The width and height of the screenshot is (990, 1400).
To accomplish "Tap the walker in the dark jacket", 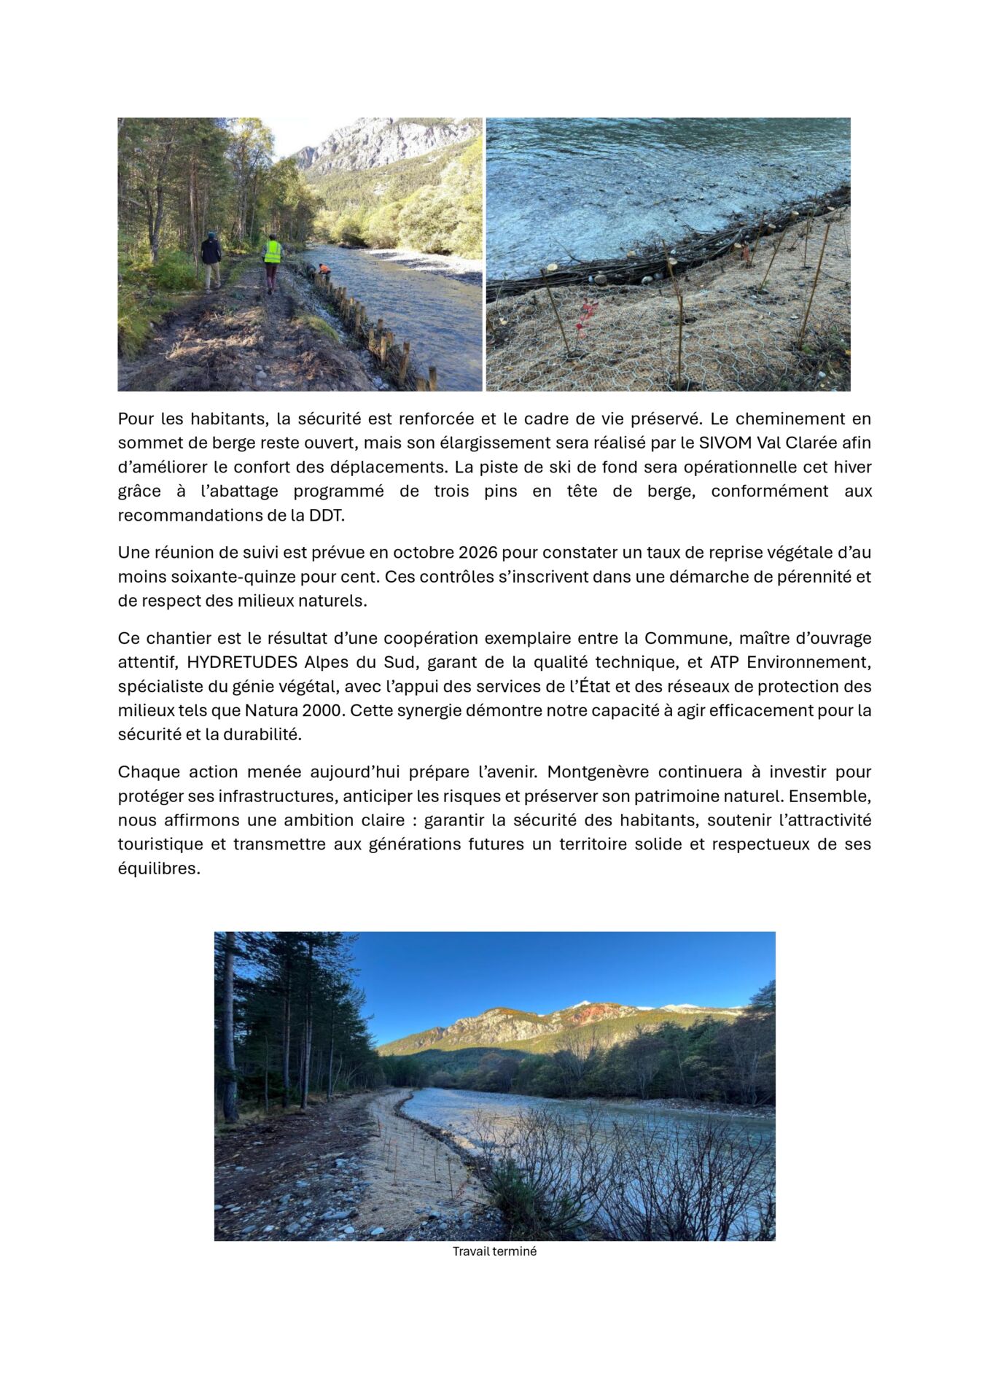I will point(211,259).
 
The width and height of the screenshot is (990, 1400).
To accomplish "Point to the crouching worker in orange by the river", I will point(324,270).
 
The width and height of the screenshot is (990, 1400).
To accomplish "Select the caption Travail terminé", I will point(494,1251).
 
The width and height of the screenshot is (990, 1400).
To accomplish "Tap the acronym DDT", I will point(326,515).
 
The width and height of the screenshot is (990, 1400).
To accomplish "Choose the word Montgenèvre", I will point(596,771).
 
